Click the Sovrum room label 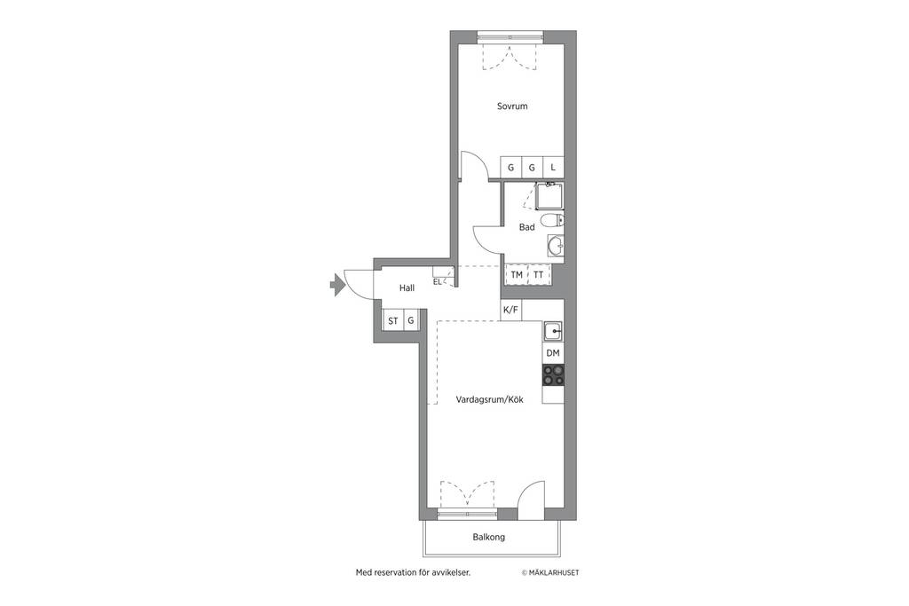point(512,106)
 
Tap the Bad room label point(526,227)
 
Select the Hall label point(407,288)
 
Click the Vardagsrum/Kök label point(489,399)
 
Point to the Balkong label point(489,537)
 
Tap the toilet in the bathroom point(551,221)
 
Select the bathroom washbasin point(556,247)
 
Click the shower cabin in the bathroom point(548,197)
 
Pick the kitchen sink point(553,332)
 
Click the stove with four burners point(553,374)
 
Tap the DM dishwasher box point(553,353)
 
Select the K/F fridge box point(510,310)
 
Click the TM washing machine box point(517,275)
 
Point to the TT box point(539,275)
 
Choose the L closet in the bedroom point(553,167)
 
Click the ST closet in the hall point(393,320)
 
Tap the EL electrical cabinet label point(437,281)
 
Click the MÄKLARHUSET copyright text point(550,572)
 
